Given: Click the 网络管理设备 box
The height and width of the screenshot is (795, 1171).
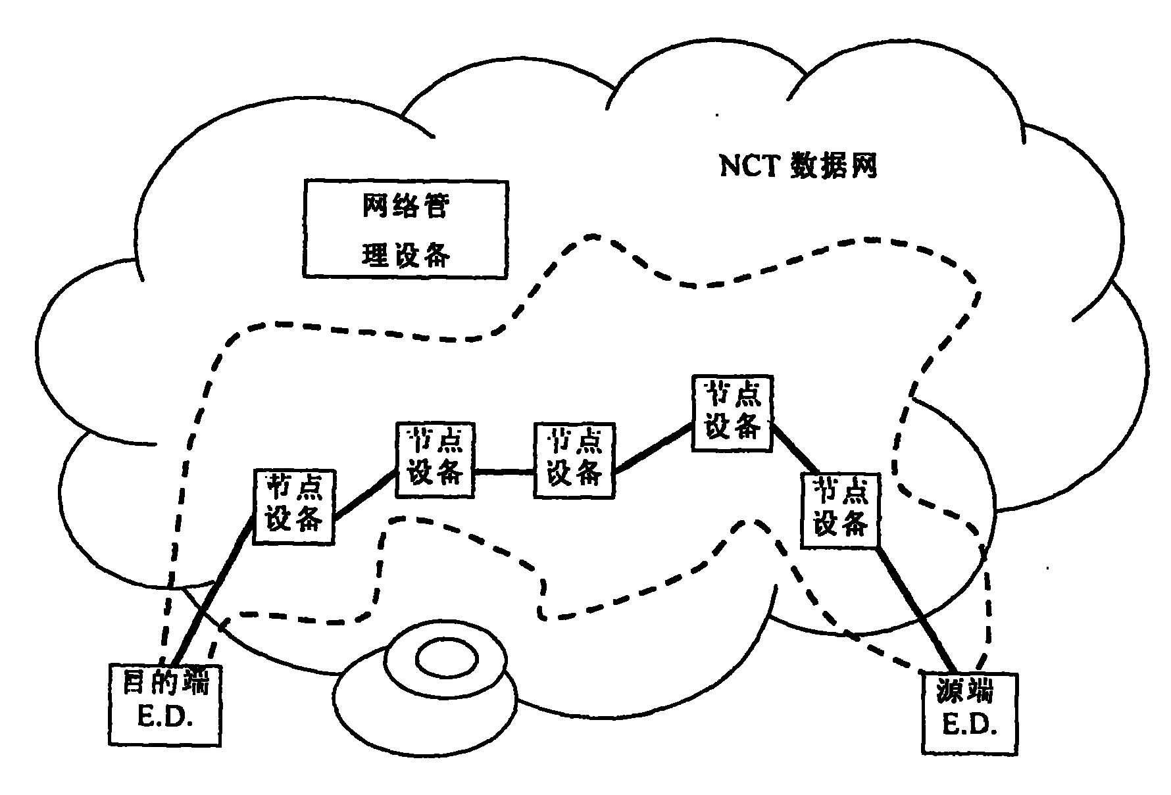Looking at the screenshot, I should pos(405,229).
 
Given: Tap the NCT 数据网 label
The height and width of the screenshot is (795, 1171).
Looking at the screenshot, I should pos(798,166).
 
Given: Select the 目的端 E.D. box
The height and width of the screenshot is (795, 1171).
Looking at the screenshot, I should pos(164,705).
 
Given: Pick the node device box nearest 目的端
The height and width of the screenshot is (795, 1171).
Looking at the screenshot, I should pos(293,506).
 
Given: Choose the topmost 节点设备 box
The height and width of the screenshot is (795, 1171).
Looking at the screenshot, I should pos(732,413).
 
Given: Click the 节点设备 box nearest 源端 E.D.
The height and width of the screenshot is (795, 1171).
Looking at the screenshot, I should pos(841,511).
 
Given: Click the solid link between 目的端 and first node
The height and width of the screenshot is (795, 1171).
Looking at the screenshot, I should pos(214,592).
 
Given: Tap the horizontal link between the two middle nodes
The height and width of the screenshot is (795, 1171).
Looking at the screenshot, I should pos(503,471).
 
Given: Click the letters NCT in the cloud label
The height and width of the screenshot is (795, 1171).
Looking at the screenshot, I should pos(748,166).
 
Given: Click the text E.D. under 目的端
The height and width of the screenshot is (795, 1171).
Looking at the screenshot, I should pos(164,719).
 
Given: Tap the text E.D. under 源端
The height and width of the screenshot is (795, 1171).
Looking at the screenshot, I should pos(970,726).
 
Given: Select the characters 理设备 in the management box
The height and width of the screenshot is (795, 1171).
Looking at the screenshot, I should pos(405,254).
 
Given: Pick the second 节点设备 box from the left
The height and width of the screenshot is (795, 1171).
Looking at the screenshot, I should pos(435,460).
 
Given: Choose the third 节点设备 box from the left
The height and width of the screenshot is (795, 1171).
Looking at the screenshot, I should pos(574,460).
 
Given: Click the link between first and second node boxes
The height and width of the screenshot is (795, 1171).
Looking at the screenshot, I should pos(365,498).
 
